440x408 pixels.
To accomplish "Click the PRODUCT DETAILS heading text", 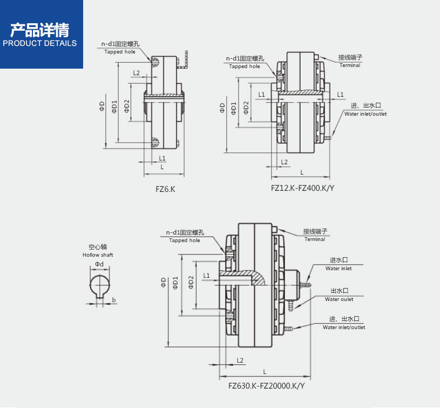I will point(40,43).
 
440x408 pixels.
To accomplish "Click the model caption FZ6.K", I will point(165,190).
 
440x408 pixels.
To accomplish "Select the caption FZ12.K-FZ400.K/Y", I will point(302,188).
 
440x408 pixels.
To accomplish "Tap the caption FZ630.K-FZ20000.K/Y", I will point(267,386).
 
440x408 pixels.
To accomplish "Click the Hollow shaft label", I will point(98,255).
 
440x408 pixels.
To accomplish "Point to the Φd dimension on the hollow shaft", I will point(99,264).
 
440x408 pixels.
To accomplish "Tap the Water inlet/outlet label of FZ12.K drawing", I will point(365,114).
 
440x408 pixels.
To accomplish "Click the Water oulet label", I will point(339,299).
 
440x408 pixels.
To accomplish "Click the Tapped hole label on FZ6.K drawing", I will point(120,51).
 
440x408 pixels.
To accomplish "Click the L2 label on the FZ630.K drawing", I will point(240,360).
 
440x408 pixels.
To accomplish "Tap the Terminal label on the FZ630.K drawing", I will point(315,239).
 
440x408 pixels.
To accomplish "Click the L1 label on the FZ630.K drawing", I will point(206,276).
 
